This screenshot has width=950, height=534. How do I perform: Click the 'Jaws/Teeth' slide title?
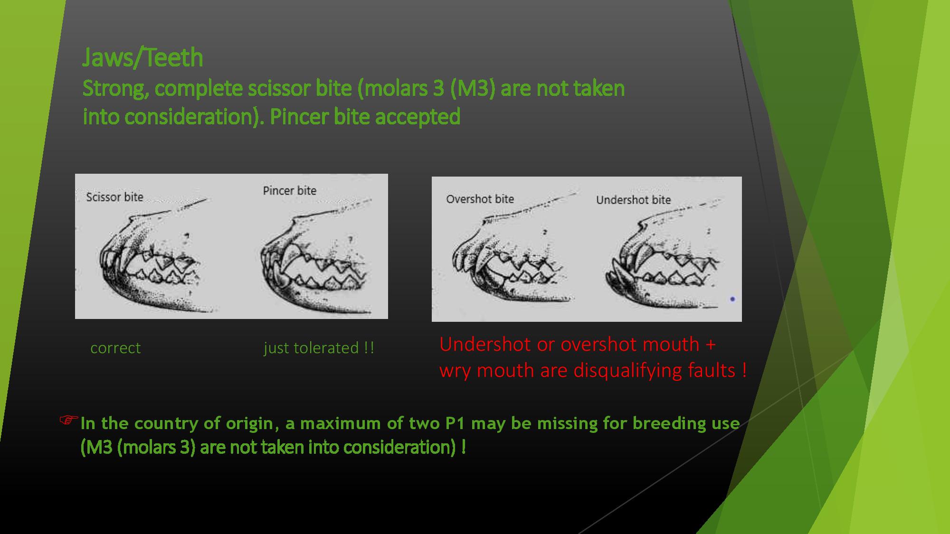point(142,58)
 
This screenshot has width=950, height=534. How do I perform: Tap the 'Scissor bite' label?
point(114,197)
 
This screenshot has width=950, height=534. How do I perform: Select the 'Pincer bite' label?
point(290,191)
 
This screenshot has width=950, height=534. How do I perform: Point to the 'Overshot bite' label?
point(480,199)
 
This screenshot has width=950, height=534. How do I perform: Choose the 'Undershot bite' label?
point(633,200)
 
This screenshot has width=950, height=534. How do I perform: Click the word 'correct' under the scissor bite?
point(115,348)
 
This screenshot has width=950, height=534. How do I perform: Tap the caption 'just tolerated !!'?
point(319,348)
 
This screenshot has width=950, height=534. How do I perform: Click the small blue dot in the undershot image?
point(732,299)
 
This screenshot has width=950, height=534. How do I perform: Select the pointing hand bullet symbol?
point(68,420)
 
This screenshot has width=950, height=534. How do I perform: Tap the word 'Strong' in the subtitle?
point(114,89)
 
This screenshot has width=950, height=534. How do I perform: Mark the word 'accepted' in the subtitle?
point(418,117)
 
